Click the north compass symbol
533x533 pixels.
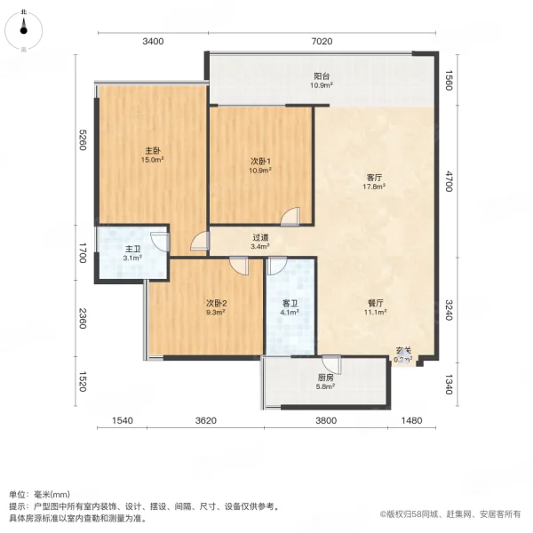click(22, 28)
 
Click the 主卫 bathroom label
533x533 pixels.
click(131, 253)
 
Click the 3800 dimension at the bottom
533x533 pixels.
click(325, 420)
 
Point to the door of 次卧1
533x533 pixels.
click(292, 215)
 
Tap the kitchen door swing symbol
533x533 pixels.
click(331, 363)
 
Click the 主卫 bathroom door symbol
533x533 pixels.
click(159, 240)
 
